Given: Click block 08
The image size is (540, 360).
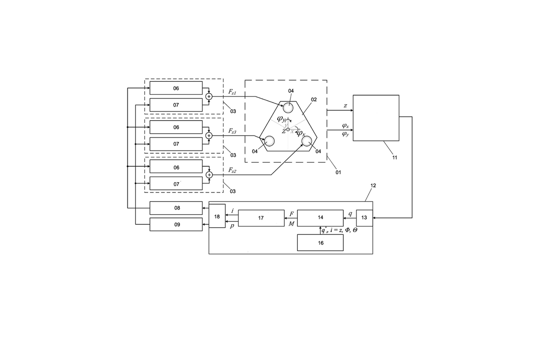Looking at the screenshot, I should pyautogui.click(x=176, y=208).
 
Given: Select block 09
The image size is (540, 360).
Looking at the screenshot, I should pyautogui.click(x=176, y=224).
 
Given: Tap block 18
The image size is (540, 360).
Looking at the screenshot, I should pyautogui.click(x=217, y=216).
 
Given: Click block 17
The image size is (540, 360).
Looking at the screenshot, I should pyautogui.click(x=261, y=218).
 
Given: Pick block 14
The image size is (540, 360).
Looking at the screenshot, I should pyautogui.click(x=320, y=218).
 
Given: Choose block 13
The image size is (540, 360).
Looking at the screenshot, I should pyautogui.click(x=364, y=218).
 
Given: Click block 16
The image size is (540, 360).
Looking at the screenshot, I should pyautogui.click(x=320, y=243).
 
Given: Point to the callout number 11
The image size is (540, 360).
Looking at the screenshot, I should pyautogui.click(x=395, y=157).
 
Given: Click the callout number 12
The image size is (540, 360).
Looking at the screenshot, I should pyautogui.click(x=373, y=185).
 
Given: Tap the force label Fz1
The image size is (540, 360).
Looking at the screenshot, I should pyautogui.click(x=232, y=91).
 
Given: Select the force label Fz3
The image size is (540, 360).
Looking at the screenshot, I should pyautogui.click(x=232, y=131).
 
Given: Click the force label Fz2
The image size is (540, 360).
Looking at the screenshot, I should pyautogui.click(x=232, y=170).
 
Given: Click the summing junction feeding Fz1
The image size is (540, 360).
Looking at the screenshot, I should pyautogui.click(x=209, y=97).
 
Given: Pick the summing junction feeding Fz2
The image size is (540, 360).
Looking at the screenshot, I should pyautogui.click(x=209, y=175).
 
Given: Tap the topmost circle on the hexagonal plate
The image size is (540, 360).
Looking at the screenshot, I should pyautogui.click(x=288, y=107).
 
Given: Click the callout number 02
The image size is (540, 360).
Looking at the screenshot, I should pyautogui.click(x=314, y=100).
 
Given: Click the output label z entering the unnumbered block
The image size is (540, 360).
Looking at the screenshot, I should pyautogui.click(x=345, y=106).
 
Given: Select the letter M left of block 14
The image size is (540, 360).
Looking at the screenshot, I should pyautogui.click(x=291, y=224).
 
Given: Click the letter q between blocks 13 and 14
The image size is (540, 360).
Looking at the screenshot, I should pyautogui.click(x=350, y=214).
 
